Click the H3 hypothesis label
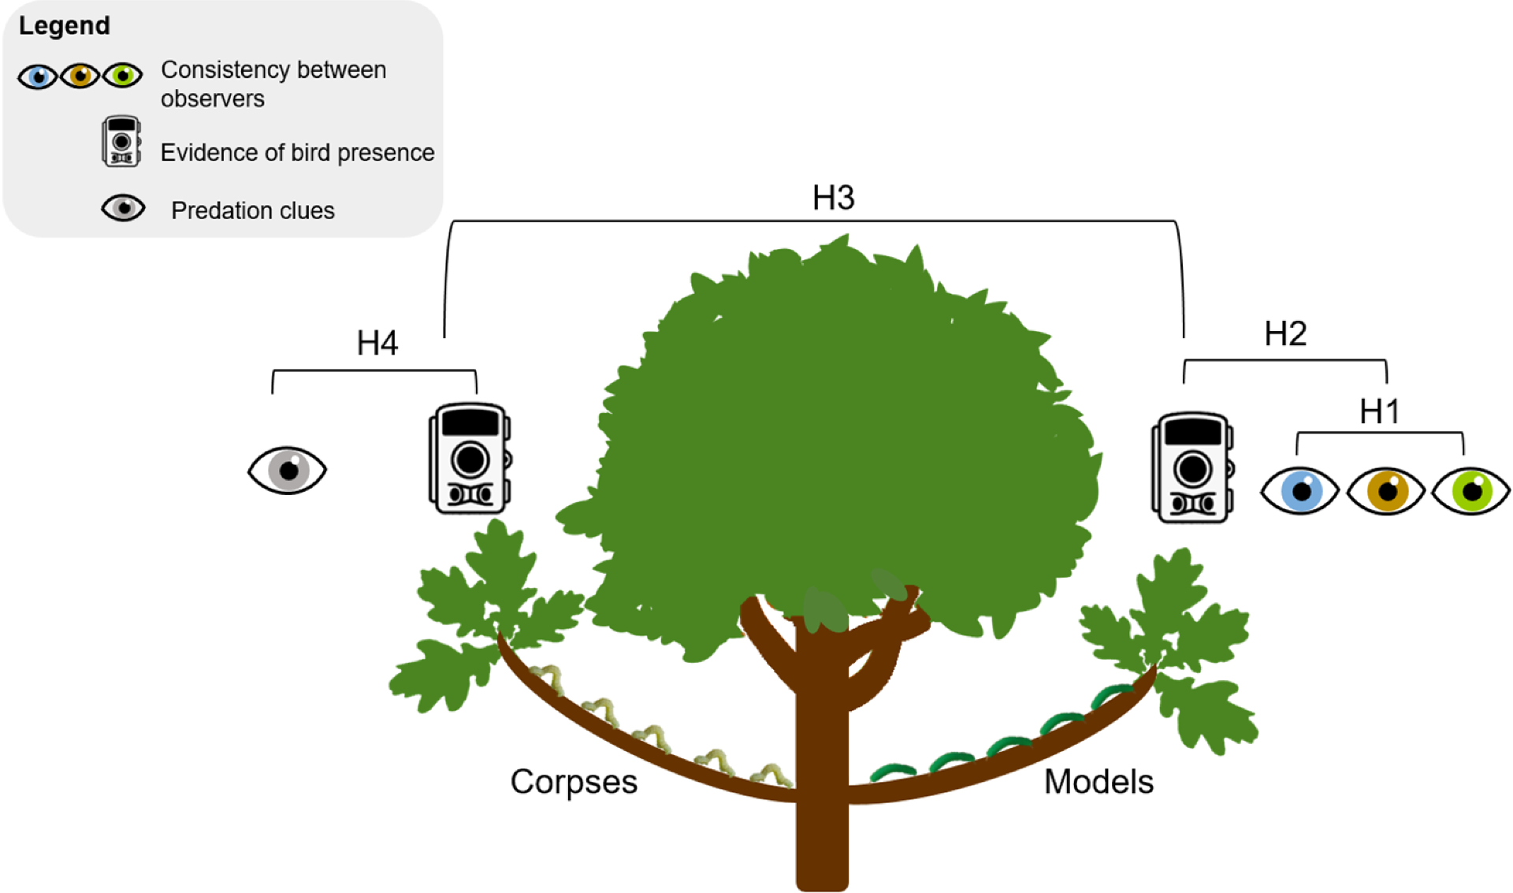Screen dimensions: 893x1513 (x=833, y=197)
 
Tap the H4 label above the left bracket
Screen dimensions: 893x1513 (x=377, y=343)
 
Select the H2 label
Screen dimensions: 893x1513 (x=1284, y=333)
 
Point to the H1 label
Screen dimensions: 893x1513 (x=1379, y=411)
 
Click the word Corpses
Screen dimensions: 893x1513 (x=574, y=782)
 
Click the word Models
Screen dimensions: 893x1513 (x=1099, y=782)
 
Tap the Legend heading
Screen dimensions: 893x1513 (x=65, y=25)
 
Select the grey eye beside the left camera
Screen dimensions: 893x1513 (x=287, y=471)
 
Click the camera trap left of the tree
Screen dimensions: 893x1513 (x=470, y=459)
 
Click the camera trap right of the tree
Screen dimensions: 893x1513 (x=1192, y=467)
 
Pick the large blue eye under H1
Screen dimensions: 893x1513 (x=1299, y=491)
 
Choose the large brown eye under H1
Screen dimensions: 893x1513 (x=1385, y=491)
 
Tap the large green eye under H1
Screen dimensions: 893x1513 (x=1470, y=491)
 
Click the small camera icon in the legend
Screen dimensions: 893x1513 (x=121, y=142)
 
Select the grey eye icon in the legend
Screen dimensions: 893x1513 (x=123, y=208)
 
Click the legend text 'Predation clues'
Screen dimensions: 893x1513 (x=252, y=210)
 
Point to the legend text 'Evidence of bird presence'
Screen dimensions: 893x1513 (x=297, y=152)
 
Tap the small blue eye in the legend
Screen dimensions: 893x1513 (x=38, y=76)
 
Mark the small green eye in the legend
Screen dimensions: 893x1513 (x=123, y=76)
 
